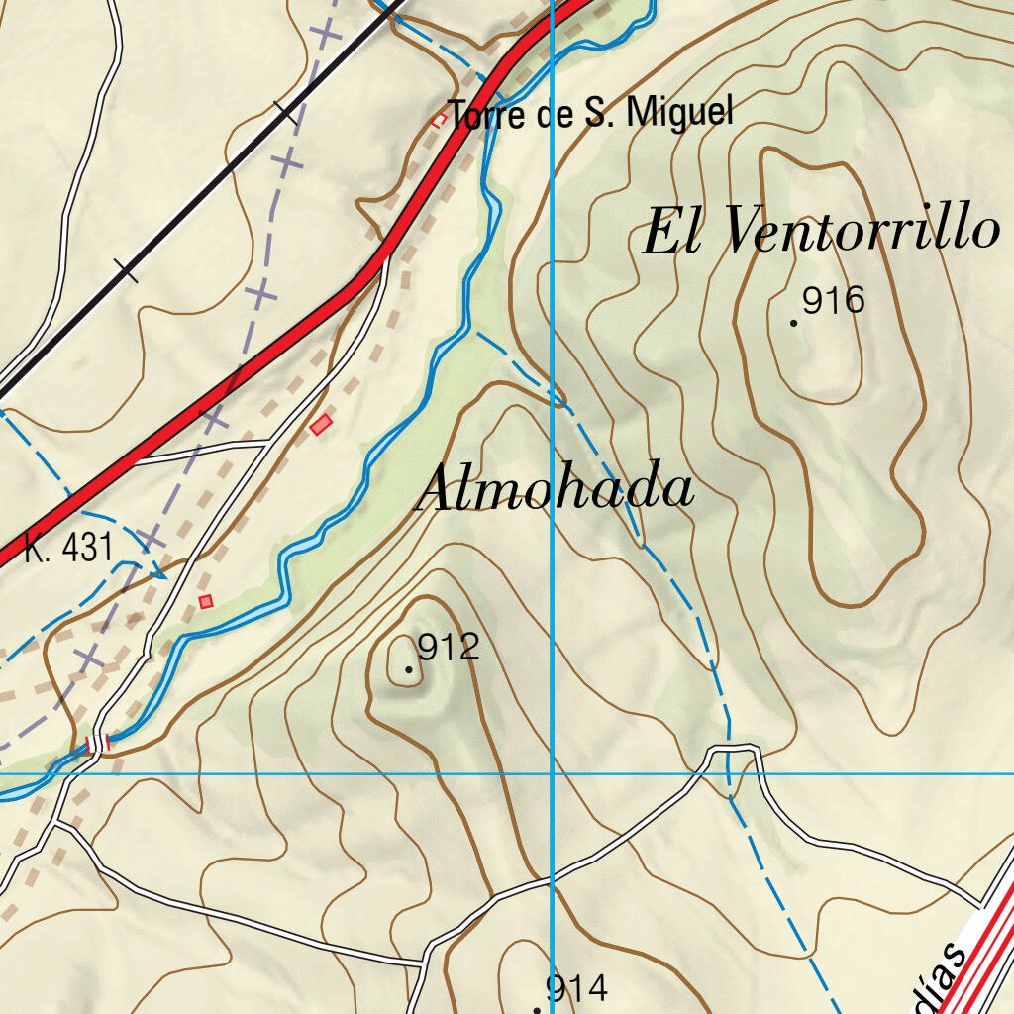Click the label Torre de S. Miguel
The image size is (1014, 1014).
click(591, 114)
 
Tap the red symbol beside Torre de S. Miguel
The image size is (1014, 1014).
click(438, 120)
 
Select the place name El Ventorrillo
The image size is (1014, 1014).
click(821, 231)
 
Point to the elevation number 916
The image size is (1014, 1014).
click(834, 300)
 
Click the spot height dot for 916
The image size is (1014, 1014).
click(794, 322)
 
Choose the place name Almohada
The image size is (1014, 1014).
click(556, 490)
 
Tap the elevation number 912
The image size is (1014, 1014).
click(449, 648)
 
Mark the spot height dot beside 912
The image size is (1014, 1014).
click(409, 670)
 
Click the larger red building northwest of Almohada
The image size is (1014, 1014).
click(320, 426)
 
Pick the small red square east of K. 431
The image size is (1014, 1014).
click(206, 601)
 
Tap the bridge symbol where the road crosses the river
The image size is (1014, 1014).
click(97, 743)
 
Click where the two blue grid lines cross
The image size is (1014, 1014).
click(552, 773)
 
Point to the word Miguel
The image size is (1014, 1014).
click(682, 113)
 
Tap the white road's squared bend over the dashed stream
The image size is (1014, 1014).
click(734, 749)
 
